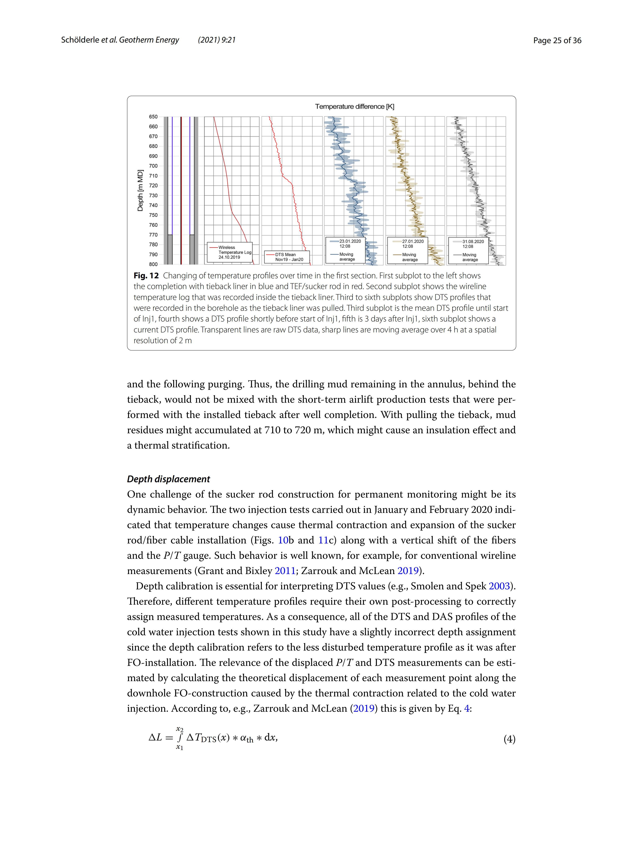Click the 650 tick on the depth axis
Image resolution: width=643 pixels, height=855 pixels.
153,117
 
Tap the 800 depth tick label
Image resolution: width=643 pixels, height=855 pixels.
153,264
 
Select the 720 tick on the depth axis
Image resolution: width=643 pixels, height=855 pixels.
153,185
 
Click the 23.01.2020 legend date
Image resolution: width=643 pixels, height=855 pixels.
350,241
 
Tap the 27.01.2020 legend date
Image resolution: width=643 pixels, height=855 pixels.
413,241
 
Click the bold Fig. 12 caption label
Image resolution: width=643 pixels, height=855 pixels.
146,276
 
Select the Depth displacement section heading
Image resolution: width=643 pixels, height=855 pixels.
168,479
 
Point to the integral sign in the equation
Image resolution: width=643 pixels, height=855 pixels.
180,738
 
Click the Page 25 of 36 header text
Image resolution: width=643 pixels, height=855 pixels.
557,40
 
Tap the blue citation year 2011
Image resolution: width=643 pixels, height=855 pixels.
285,571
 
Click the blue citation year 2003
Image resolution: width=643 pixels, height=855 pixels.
499,586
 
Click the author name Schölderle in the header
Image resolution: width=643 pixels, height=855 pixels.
80,40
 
